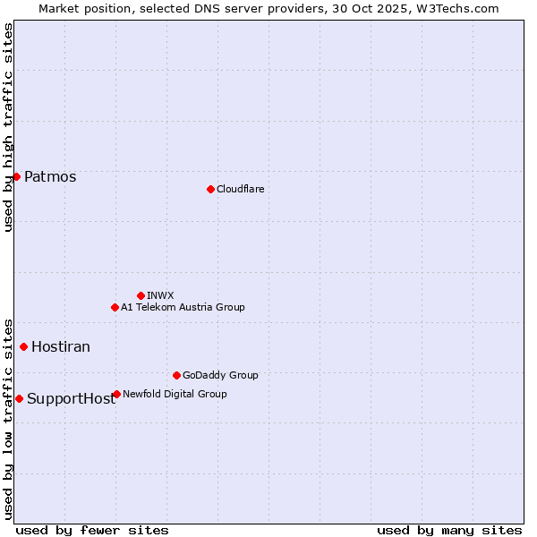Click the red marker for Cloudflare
pyautogui.click(x=210, y=189)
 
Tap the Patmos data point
pyautogui.click(x=16, y=176)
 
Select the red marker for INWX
pyautogui.click(x=141, y=295)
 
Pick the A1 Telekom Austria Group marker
pyautogui.click(x=115, y=307)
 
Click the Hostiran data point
pyautogui.click(x=23, y=346)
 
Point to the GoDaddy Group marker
pyautogui.click(x=176, y=375)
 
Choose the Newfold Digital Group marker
pyautogui.click(x=116, y=394)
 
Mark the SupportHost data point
pyautogui.click(x=19, y=398)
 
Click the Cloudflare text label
pyautogui.click(x=240, y=189)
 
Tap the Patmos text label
pyautogui.click(x=50, y=176)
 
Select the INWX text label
pyautogui.click(x=160, y=295)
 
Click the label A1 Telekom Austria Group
pyautogui.click(x=183, y=307)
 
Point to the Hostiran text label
pyautogui.click(x=61, y=346)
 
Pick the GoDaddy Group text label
pyautogui.click(x=220, y=375)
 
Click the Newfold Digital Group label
pyautogui.click(x=175, y=394)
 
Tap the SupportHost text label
pyautogui.click(x=71, y=399)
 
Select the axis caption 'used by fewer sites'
pyautogui.click(x=92, y=530)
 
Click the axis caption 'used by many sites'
pyautogui.click(x=449, y=530)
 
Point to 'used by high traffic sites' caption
pyautogui.click(x=8, y=127)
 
